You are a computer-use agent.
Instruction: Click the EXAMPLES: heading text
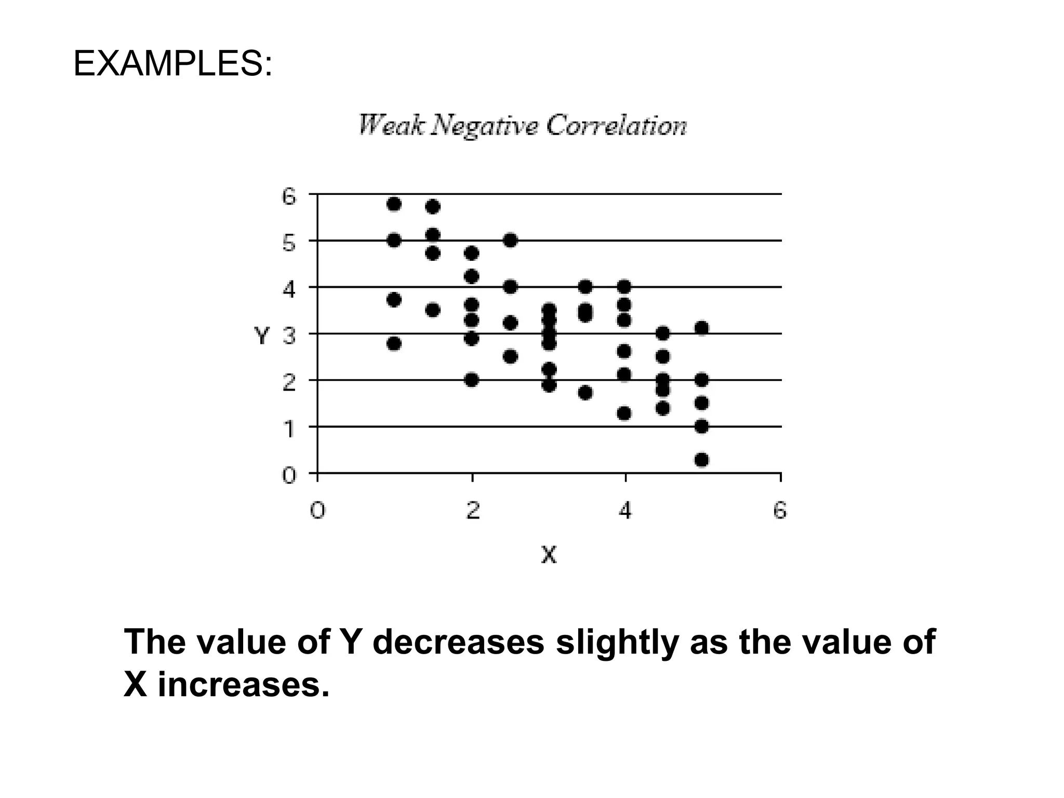(172, 64)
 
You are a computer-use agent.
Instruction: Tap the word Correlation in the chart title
(616, 125)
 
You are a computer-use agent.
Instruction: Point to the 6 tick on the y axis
(289, 197)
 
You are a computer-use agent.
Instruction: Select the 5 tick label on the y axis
(289, 243)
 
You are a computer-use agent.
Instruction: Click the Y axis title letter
(262, 336)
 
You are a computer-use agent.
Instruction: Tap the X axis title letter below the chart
(549, 555)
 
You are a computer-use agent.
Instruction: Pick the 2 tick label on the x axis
(472, 511)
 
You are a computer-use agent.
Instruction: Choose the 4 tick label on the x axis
(625, 511)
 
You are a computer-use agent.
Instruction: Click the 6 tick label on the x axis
(780, 511)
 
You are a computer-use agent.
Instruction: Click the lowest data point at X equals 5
(701, 460)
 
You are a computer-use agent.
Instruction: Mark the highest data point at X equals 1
(394, 204)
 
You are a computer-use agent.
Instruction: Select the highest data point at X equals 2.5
(510, 240)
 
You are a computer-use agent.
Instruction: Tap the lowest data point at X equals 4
(624, 413)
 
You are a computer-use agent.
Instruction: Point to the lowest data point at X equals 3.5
(586, 392)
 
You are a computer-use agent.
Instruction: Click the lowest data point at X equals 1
(394, 343)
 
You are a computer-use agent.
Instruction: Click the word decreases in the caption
(458, 642)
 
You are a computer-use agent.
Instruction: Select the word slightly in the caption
(617, 642)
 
